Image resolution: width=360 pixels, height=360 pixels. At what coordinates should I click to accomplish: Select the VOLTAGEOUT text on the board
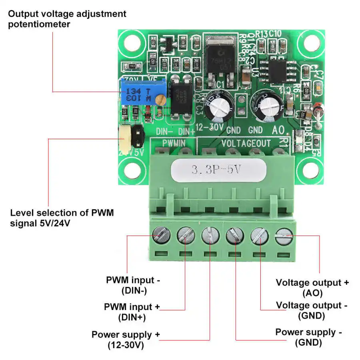tap(246, 143)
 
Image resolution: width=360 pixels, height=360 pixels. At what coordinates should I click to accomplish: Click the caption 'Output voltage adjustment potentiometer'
tap(67, 19)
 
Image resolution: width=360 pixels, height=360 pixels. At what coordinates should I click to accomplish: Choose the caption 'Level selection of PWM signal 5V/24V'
tap(62, 218)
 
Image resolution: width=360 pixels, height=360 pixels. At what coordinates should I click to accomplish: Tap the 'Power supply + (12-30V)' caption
tap(122, 340)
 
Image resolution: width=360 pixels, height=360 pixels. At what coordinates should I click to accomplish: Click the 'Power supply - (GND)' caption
tap(308, 337)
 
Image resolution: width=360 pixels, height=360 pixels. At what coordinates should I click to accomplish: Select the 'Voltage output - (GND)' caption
tap(312, 310)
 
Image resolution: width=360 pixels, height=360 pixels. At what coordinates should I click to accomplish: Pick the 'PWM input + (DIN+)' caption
tap(132, 312)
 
